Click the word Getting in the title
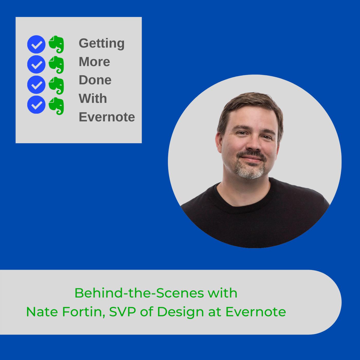[102, 44]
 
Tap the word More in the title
[94, 62]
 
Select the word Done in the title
[95, 80]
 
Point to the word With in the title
[93, 98]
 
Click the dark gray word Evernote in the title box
[107, 117]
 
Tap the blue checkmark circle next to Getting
[36, 44]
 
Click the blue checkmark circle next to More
[36, 65]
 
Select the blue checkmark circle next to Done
[36, 85]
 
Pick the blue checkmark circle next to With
[36, 105]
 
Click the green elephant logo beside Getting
[56, 44]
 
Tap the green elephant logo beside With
[56, 106]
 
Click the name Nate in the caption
[42, 312]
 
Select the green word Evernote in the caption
[256, 312]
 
